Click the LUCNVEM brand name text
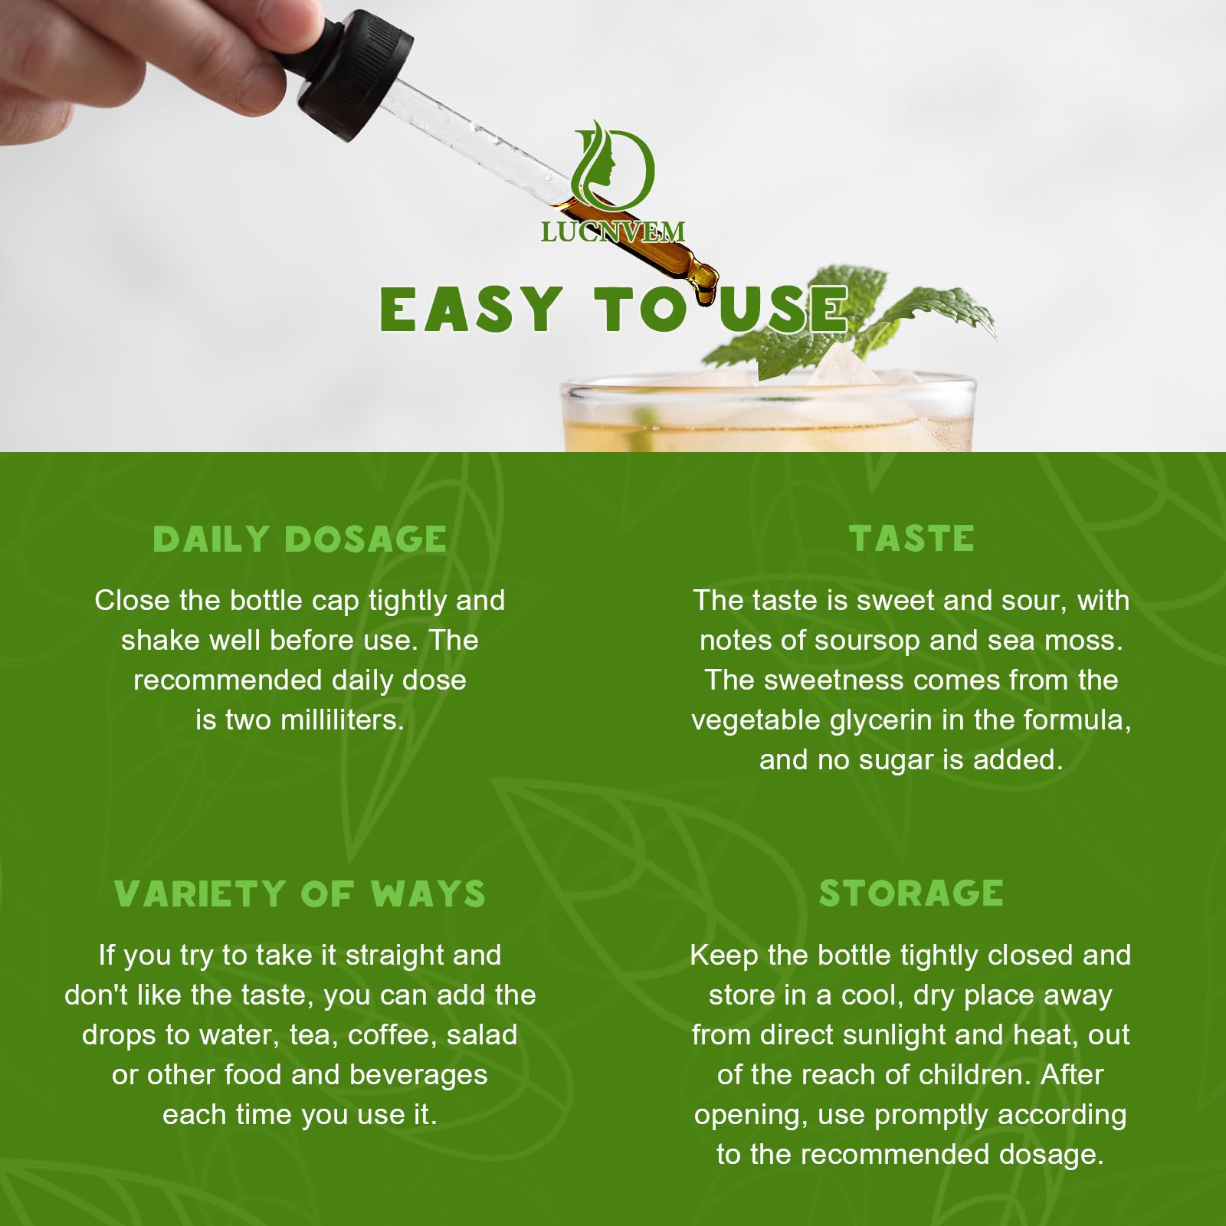(x=612, y=231)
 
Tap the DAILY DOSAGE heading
(x=300, y=539)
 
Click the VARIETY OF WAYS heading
(x=300, y=893)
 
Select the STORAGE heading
(x=911, y=893)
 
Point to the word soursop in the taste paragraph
(x=867, y=641)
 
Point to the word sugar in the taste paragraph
(x=897, y=760)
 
